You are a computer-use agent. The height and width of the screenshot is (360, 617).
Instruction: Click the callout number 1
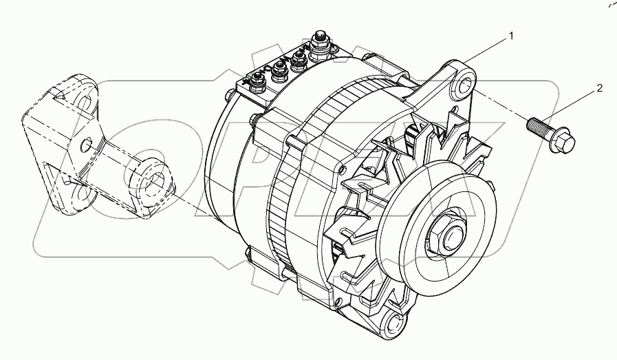pyautogui.click(x=511, y=36)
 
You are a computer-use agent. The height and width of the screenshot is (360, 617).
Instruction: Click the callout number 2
pyautogui.click(x=599, y=88)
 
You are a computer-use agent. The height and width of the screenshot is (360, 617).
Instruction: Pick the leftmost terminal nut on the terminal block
pyautogui.click(x=257, y=81)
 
